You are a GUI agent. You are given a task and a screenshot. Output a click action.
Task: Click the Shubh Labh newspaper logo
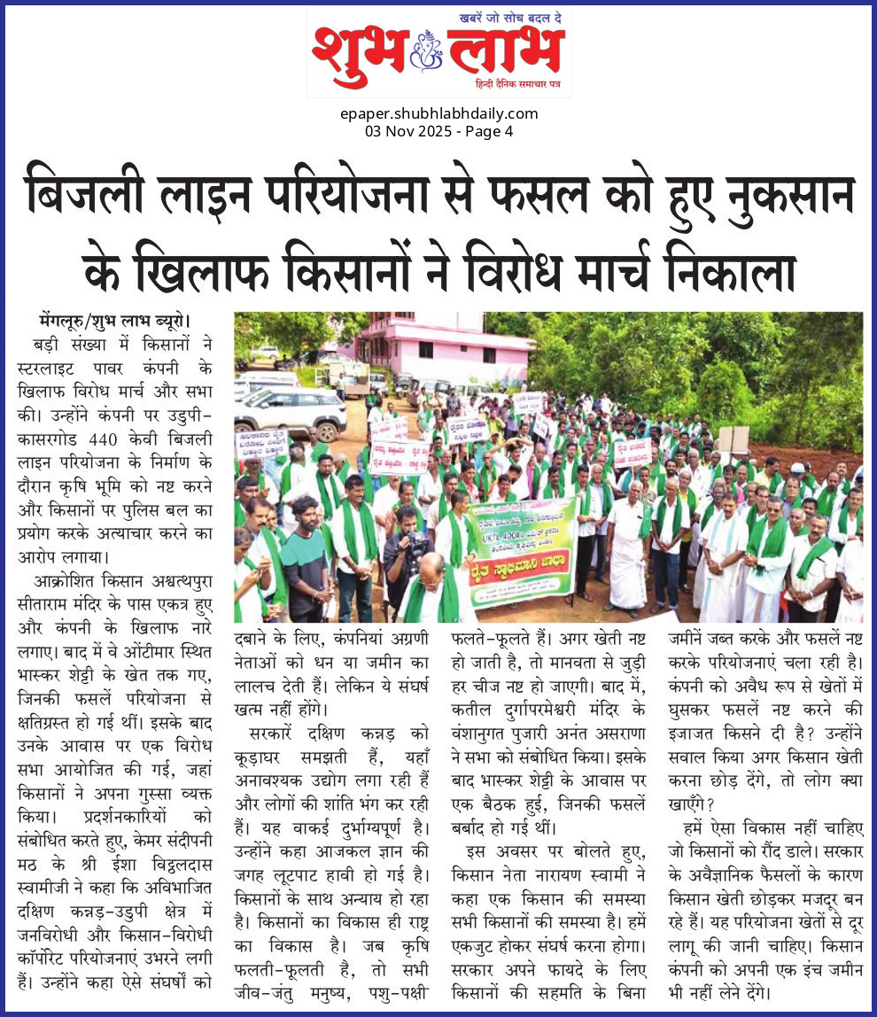438,51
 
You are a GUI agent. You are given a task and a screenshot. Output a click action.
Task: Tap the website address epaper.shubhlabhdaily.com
438,113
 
